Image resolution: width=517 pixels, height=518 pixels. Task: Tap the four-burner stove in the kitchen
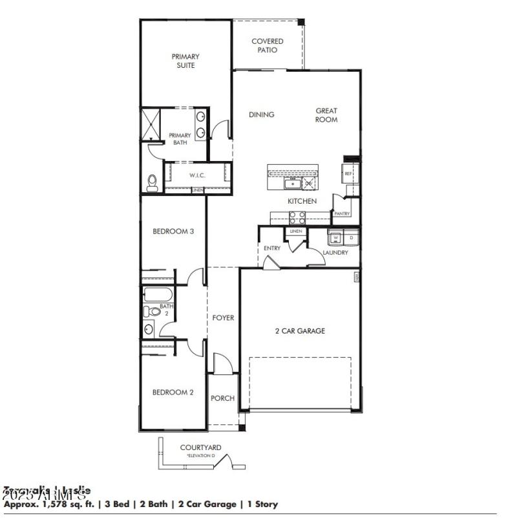tap(297, 217)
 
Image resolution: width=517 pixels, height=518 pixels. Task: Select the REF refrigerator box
tap(348, 173)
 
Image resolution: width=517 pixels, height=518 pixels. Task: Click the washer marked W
tap(335, 238)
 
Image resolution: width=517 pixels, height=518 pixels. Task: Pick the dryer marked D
tap(351, 238)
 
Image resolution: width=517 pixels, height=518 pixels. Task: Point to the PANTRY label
tap(342, 213)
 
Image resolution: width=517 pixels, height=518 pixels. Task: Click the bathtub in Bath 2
tap(158, 295)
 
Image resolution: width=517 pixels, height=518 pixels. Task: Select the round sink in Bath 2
tap(149, 329)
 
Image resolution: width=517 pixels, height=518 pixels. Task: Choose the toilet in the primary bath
tap(153, 182)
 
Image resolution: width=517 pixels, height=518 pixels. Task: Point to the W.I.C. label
tap(197, 175)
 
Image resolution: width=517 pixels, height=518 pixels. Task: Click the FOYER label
tap(224, 318)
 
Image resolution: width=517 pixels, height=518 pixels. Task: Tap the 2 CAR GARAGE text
tap(300, 331)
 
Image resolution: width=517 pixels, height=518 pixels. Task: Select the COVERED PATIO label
tap(268, 45)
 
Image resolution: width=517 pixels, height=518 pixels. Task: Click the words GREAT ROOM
tap(326, 115)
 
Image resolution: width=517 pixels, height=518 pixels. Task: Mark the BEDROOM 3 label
tap(173, 231)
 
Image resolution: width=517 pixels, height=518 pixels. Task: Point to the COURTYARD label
tap(200, 447)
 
